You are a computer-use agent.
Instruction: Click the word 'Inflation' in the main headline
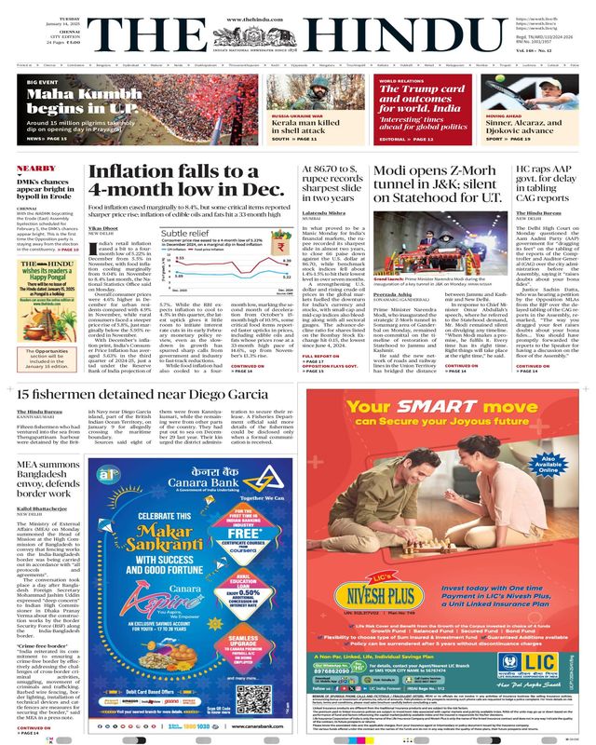131,174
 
